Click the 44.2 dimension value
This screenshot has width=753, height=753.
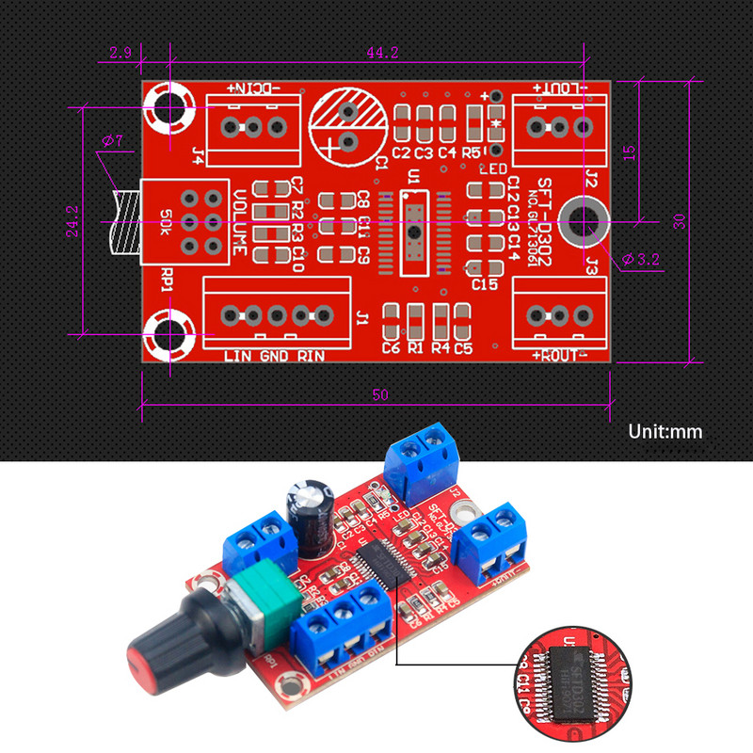coord(381,54)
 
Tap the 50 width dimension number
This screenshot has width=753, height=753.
coord(379,395)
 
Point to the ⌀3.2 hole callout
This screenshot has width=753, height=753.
coord(640,256)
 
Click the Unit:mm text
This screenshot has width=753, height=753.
coord(665,432)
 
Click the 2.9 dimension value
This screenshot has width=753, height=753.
coord(120,54)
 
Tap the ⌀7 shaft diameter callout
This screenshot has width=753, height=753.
coord(111,141)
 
